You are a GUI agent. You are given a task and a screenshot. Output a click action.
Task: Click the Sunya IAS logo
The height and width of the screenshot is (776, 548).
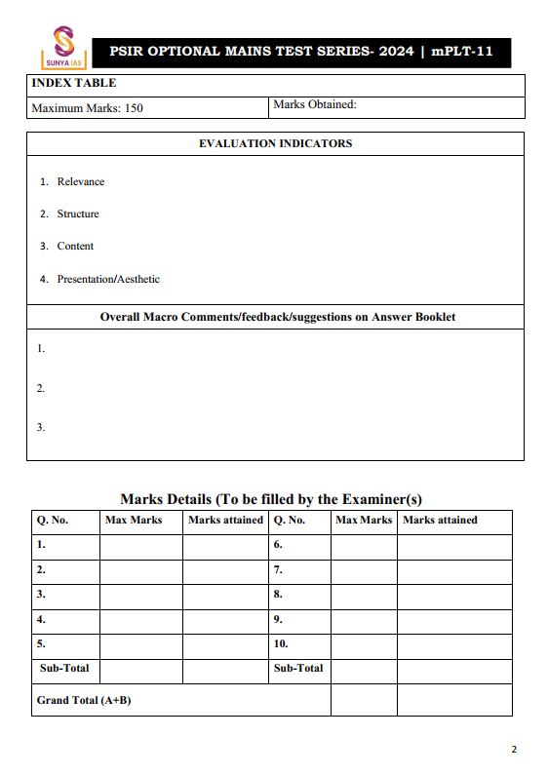(x=62, y=46)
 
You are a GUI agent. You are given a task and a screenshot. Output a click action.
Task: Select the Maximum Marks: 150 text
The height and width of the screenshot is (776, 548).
(x=87, y=108)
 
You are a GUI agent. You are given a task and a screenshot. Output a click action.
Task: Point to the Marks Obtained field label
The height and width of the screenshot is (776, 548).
(x=314, y=104)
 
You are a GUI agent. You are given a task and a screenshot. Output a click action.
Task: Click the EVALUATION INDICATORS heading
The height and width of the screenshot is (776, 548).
(x=275, y=143)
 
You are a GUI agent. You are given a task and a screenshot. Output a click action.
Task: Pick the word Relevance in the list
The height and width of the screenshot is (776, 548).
(x=80, y=182)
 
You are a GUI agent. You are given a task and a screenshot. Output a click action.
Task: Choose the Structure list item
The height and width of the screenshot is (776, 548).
(x=78, y=214)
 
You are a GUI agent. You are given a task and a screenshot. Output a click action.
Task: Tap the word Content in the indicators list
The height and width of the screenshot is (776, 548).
(x=75, y=247)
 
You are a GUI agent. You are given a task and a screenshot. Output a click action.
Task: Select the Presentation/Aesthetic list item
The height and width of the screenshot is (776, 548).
(x=108, y=280)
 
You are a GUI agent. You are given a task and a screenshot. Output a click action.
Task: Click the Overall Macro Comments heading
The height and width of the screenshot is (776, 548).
(x=277, y=317)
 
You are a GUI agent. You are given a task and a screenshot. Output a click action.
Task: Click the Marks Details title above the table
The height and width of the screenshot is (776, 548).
(x=270, y=499)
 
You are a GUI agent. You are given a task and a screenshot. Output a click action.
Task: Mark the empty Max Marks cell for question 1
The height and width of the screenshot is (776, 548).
(x=140, y=546)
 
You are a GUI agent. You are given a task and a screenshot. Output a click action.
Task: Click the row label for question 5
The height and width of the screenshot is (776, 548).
(x=41, y=644)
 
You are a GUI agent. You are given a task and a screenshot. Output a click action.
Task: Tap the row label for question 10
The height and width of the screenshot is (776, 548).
(x=281, y=644)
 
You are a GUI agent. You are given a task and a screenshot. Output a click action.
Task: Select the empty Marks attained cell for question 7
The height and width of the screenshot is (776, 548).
(x=453, y=570)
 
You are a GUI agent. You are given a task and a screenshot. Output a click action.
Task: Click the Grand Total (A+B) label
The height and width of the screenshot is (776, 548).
(x=84, y=701)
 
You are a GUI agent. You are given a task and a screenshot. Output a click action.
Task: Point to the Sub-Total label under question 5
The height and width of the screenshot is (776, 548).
(x=64, y=669)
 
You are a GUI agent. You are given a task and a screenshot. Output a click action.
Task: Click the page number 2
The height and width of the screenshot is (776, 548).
(x=514, y=750)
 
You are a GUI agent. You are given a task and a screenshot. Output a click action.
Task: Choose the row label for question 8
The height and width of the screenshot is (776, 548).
(x=278, y=595)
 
